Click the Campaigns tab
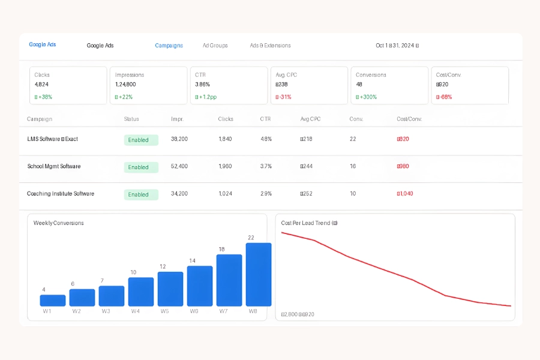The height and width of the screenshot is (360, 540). point(169,46)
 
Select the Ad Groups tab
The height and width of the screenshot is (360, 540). point(215,46)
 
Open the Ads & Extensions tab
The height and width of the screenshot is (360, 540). point(270,46)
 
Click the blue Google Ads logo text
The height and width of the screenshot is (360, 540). point(43,45)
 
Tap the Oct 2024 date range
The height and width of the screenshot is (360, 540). point(397,46)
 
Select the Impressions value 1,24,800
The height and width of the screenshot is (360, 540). point(125,85)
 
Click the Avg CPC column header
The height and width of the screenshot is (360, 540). point(310,119)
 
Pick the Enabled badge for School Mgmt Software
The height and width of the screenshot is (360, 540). point(141,167)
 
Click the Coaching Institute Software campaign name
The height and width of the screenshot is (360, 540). point(61,194)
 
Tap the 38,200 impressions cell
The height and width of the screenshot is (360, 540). point(179,139)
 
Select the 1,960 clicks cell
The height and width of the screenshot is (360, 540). point(226,166)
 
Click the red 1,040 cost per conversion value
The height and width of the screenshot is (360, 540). point(405,194)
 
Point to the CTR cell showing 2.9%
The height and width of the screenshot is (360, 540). point(266,194)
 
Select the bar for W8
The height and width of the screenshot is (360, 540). point(259,275)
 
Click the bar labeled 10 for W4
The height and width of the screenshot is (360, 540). point(141,292)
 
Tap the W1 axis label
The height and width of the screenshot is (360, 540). point(47,311)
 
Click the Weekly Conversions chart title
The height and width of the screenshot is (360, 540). point(59,223)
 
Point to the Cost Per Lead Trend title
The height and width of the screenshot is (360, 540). point(309,223)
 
